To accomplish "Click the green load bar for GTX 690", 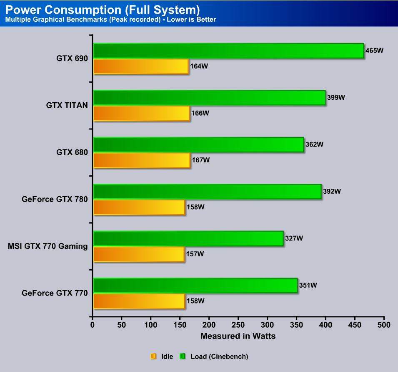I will pyautogui.click(x=228, y=51).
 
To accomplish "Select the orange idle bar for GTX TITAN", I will pyautogui.click(x=142, y=113).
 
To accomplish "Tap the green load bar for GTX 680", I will pyautogui.click(x=198, y=144).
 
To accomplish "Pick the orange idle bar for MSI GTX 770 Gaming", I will pyautogui.click(x=139, y=254).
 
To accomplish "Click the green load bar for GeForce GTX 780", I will pyautogui.click(x=207, y=191).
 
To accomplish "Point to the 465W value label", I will pyautogui.click(x=374, y=51).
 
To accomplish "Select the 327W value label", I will pyautogui.click(x=294, y=238).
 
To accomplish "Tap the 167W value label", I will pyautogui.click(x=200, y=160).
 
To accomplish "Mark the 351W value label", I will pyautogui.click(x=308, y=286).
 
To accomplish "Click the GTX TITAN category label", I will pyautogui.click(x=67, y=105).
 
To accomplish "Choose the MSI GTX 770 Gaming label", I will pyautogui.click(x=48, y=246).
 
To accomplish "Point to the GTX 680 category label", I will pyautogui.click(x=72, y=152).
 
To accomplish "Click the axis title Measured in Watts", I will pyautogui.click(x=238, y=336).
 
